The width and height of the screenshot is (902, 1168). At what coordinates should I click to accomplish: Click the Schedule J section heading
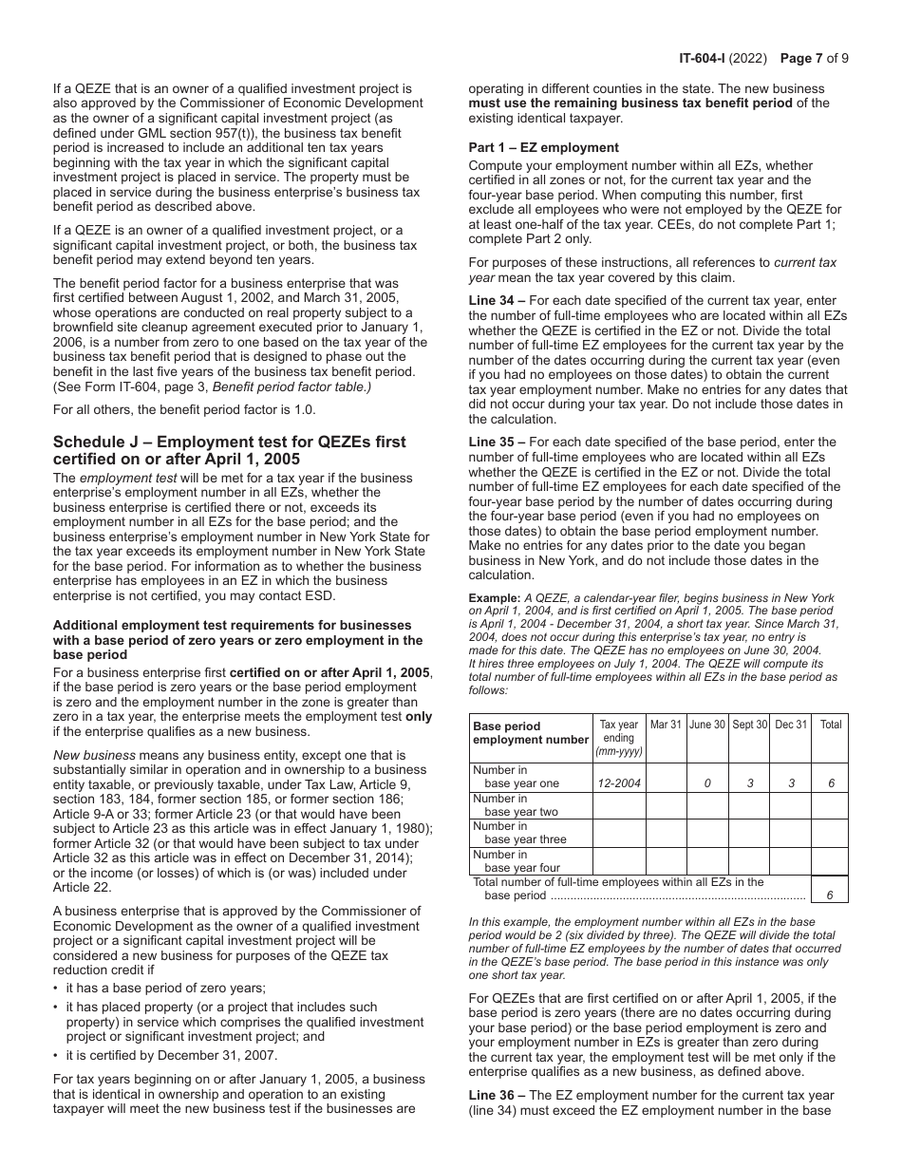point(229,450)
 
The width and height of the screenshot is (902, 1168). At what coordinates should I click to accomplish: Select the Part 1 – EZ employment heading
point(543,147)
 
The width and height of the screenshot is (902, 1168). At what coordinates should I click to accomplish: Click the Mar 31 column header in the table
point(666,725)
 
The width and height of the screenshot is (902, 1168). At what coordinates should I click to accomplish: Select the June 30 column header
point(707,725)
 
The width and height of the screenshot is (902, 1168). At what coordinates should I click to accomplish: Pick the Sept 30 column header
point(749,725)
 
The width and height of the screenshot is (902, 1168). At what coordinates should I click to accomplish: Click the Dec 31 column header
point(791,725)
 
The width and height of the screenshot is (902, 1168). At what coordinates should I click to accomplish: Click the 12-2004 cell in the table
point(618,784)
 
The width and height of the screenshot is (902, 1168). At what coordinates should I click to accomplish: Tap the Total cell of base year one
point(830,784)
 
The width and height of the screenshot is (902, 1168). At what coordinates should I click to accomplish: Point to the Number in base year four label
point(517,861)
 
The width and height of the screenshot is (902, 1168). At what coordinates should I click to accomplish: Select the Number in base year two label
point(517,805)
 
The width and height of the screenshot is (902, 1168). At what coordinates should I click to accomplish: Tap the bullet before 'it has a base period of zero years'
point(57,988)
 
